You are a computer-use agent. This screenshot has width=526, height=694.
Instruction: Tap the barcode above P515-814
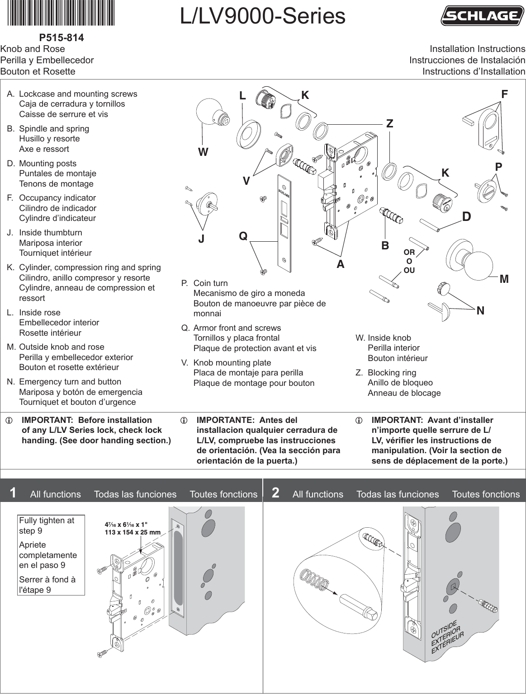click(x=61, y=14)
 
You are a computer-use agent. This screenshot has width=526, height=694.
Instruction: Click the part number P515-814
click(x=62, y=38)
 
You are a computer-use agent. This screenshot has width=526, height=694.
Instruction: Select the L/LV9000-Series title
click(x=262, y=16)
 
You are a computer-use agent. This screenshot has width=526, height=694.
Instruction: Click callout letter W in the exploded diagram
click(x=203, y=152)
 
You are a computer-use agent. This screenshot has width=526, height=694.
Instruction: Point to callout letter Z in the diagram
click(x=389, y=123)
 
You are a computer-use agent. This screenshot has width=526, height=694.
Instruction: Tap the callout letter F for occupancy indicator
click(x=504, y=94)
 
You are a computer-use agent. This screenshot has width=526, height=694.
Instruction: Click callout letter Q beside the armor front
click(x=243, y=236)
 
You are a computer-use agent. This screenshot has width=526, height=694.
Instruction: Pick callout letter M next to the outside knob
click(x=504, y=279)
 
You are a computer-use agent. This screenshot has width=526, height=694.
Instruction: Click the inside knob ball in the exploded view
click(x=209, y=112)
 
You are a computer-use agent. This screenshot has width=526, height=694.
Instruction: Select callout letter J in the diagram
click(x=201, y=239)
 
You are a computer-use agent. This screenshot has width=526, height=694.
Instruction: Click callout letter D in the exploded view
click(x=466, y=217)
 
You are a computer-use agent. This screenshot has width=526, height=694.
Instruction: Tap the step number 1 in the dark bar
click(x=13, y=493)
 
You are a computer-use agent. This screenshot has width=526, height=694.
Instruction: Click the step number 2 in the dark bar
click(x=275, y=493)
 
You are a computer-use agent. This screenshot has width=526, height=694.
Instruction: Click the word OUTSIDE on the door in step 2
click(x=444, y=628)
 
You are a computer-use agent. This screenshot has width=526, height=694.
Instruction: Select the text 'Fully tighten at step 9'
click(x=47, y=525)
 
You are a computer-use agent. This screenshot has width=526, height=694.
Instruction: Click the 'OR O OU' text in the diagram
click(x=409, y=261)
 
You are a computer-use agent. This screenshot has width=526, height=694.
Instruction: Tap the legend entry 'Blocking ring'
click(x=392, y=373)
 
